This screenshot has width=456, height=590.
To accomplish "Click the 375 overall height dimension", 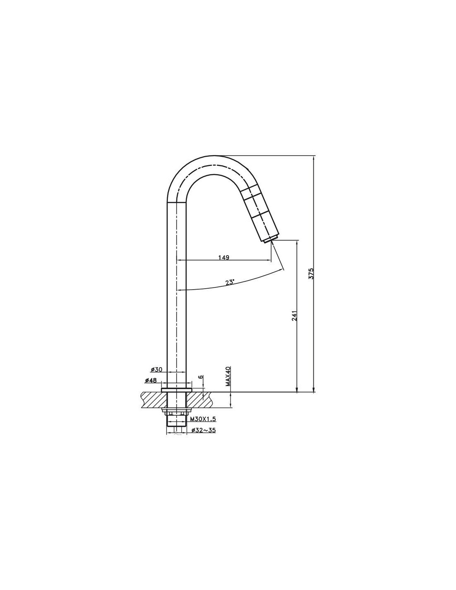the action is click(311, 273).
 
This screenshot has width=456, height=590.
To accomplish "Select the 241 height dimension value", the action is click(295, 315).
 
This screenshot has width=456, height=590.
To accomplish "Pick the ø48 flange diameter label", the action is click(151, 380).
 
